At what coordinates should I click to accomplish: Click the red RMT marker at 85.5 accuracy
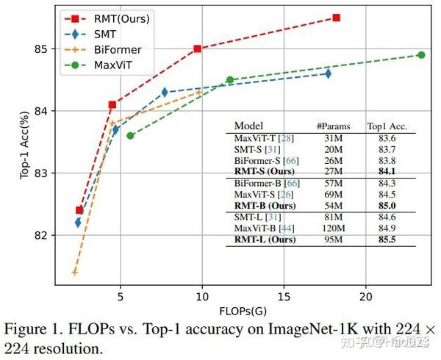coord(336,18)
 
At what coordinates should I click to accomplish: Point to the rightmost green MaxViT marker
coord(421,55)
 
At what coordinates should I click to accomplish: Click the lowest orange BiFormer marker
coord(74,273)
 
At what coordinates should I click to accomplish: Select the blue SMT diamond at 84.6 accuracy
coord(328,73)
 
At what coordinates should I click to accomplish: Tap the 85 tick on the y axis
coord(40,49)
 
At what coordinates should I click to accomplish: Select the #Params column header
coord(333,126)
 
